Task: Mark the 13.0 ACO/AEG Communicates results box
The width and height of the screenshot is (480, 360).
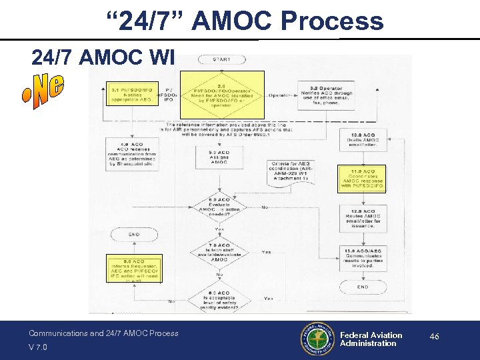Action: pos(363,257)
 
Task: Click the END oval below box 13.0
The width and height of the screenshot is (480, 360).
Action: pos(363,287)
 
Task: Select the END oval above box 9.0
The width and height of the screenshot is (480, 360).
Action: pos(133,234)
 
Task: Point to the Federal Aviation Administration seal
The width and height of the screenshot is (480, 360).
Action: pos(317,339)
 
